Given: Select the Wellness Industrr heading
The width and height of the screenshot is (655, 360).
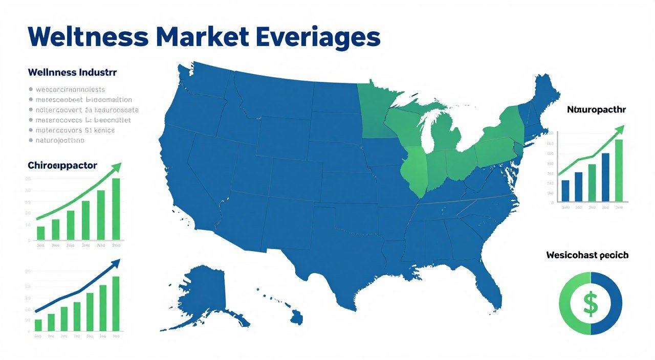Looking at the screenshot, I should [72, 73].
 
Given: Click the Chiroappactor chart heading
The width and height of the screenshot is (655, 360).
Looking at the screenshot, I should [62, 165].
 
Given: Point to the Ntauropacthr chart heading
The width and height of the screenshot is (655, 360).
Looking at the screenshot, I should [596, 109].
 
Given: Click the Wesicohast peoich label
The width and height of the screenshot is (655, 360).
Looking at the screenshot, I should [587, 254].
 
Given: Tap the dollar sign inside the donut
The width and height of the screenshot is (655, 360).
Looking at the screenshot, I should [591, 303].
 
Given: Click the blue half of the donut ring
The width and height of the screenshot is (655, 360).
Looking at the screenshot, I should [612, 303].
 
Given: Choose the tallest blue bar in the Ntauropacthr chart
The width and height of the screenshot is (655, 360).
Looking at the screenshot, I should [605, 176].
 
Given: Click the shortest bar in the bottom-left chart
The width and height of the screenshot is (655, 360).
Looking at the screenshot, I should [38, 325].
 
